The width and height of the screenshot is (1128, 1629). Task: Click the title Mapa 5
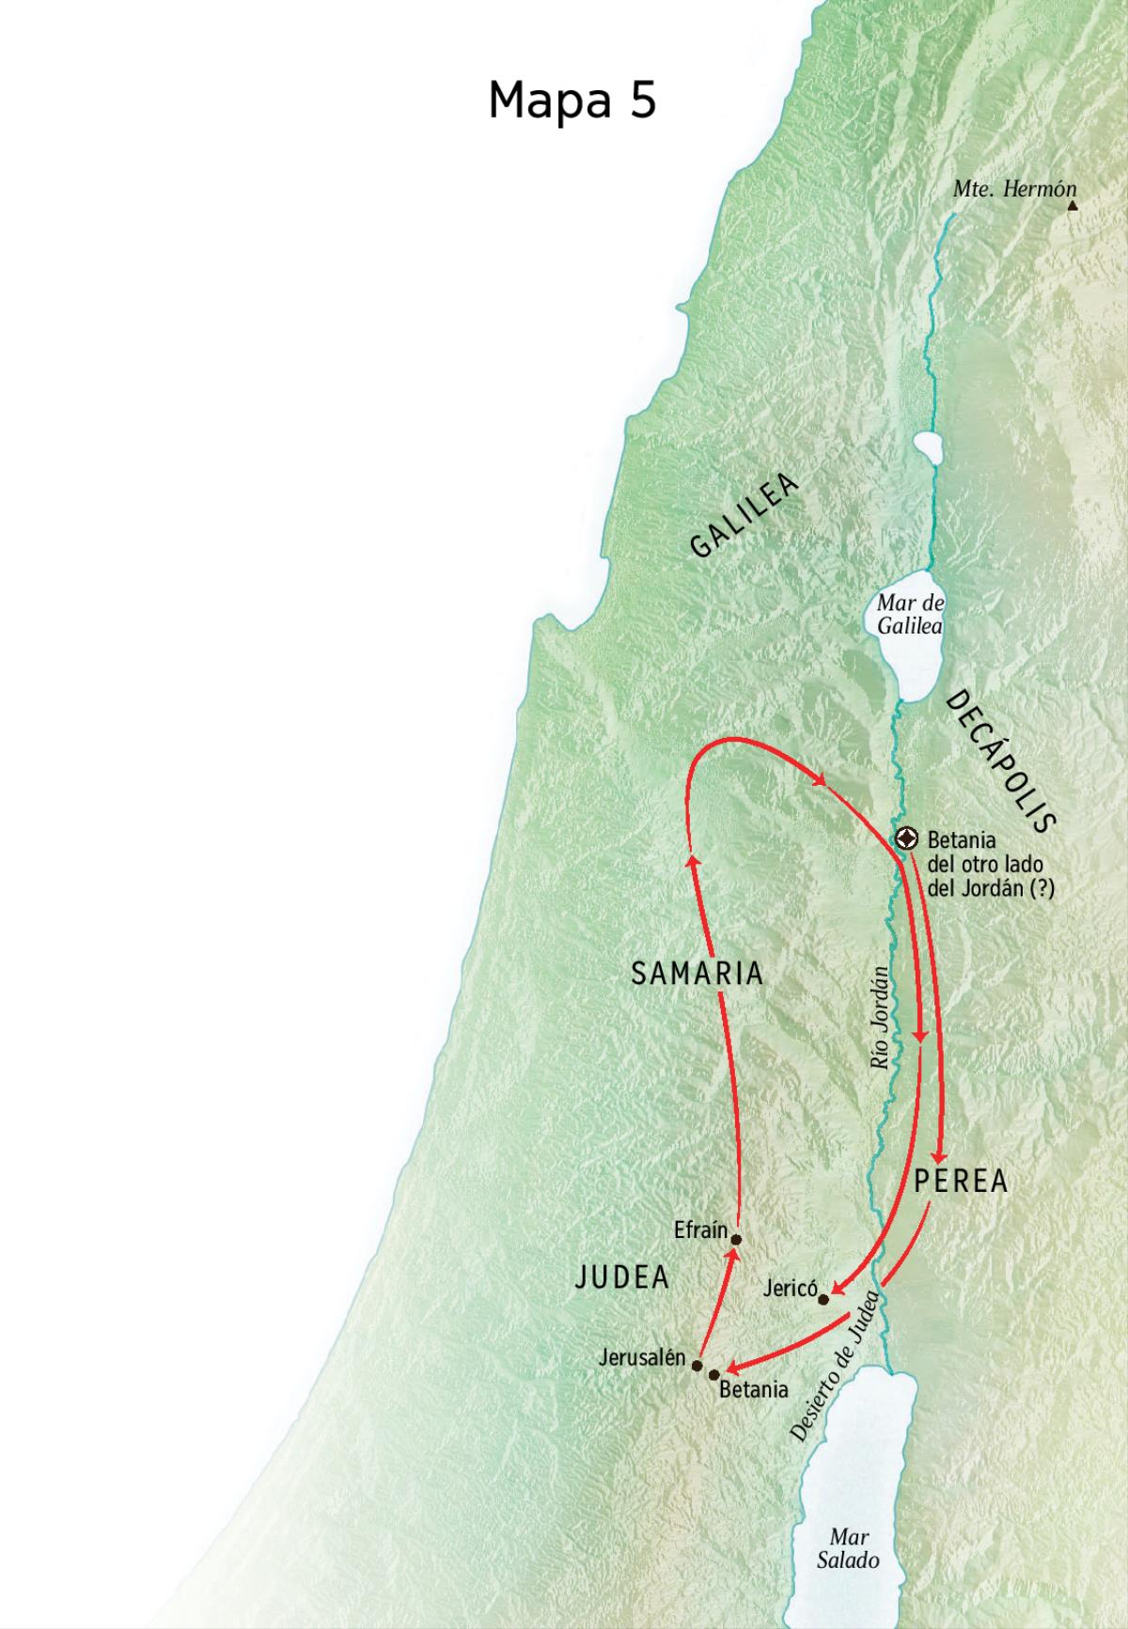pos(572,100)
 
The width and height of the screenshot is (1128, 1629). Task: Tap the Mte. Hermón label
pos(1013,189)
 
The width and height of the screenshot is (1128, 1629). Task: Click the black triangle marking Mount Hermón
pos(1072,204)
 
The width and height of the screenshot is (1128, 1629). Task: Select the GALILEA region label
pos(744,516)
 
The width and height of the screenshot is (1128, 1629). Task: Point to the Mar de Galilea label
pos(909,614)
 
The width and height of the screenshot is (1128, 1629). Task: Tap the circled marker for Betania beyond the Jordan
pos(906,838)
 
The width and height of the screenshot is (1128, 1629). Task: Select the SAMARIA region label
pos(697,974)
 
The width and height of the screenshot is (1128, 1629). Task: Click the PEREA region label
pos(961,1182)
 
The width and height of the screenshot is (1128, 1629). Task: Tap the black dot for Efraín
pos(736,1239)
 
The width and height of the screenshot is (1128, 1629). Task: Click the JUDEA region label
pos(621,1277)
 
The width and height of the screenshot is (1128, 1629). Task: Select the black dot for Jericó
pos(823,1300)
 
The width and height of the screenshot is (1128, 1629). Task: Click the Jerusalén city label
pos(643,1357)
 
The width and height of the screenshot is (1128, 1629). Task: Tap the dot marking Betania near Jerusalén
pos(714,1374)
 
